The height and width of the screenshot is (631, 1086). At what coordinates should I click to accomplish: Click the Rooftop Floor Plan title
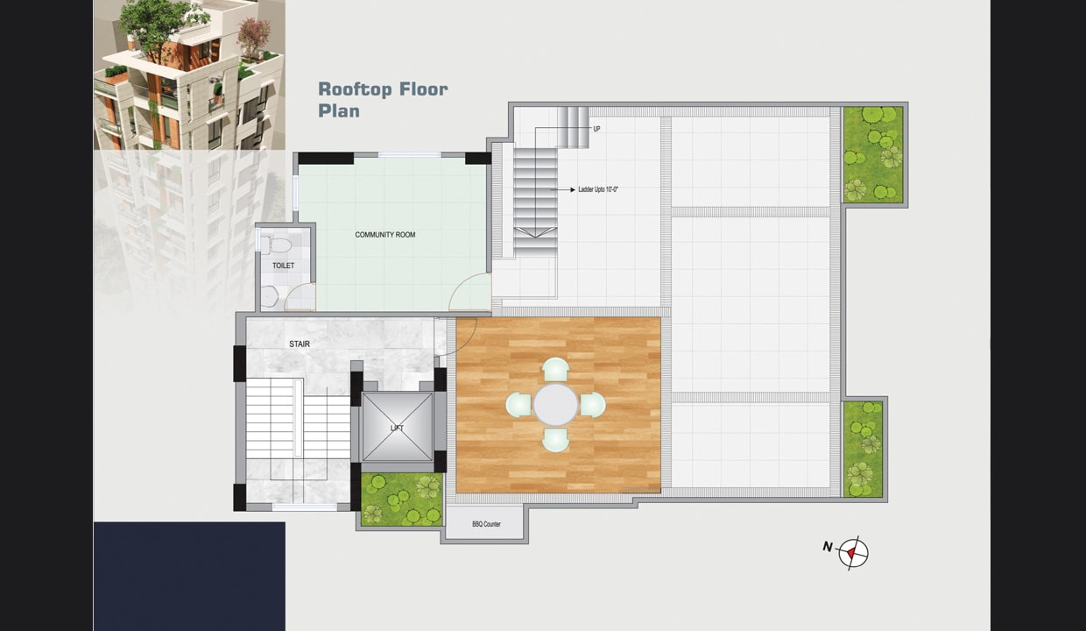pyautogui.click(x=383, y=100)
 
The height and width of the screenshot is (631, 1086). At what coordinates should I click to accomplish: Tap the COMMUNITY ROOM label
pyautogui.click(x=385, y=235)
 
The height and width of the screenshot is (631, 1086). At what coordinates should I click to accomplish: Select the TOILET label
pyautogui.click(x=283, y=266)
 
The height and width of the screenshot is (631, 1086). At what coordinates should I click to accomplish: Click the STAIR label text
pyautogui.click(x=300, y=344)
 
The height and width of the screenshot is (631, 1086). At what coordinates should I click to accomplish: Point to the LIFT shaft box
pyautogui.click(x=397, y=427)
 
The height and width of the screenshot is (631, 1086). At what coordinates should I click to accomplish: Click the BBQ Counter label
pyautogui.click(x=486, y=524)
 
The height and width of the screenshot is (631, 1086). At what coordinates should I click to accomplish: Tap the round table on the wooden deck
pyautogui.click(x=555, y=405)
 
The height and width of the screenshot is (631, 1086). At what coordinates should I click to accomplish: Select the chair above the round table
pyautogui.click(x=555, y=369)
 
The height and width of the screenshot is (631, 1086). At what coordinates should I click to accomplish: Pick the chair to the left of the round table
pyautogui.click(x=518, y=405)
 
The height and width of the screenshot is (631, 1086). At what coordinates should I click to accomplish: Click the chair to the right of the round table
pyautogui.click(x=593, y=405)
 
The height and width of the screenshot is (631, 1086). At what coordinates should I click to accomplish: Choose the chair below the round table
pyautogui.click(x=555, y=440)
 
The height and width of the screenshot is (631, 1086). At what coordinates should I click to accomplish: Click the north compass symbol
pyautogui.click(x=853, y=553)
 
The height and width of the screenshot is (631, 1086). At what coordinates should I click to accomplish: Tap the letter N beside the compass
pyautogui.click(x=828, y=547)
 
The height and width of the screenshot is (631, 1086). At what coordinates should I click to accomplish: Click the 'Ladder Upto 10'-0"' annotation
pyautogui.click(x=598, y=189)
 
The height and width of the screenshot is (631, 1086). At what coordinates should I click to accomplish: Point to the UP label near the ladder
pyautogui.click(x=596, y=129)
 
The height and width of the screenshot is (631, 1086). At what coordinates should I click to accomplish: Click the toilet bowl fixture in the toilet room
pyautogui.click(x=277, y=244)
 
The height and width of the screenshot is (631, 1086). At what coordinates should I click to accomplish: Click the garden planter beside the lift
pyautogui.click(x=402, y=500)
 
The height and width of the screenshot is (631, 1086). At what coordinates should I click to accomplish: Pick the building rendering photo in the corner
pyautogui.click(x=189, y=74)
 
